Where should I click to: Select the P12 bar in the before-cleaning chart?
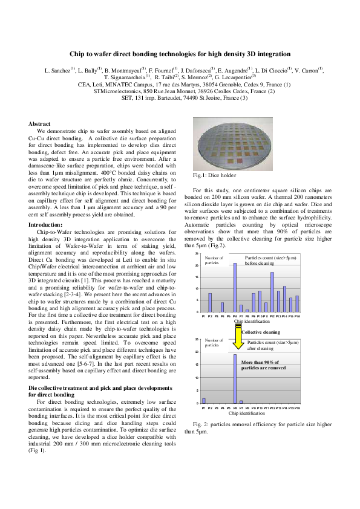click(x=272, y=293)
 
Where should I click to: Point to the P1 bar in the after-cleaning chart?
click(x=204, y=400)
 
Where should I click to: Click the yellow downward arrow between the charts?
click(x=238, y=341)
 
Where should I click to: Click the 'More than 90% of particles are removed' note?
click(x=263, y=365)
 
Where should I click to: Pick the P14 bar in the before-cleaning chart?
click(x=284, y=300)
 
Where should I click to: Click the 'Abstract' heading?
click(x=40, y=124)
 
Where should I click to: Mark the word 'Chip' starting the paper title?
click(x=77, y=54)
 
